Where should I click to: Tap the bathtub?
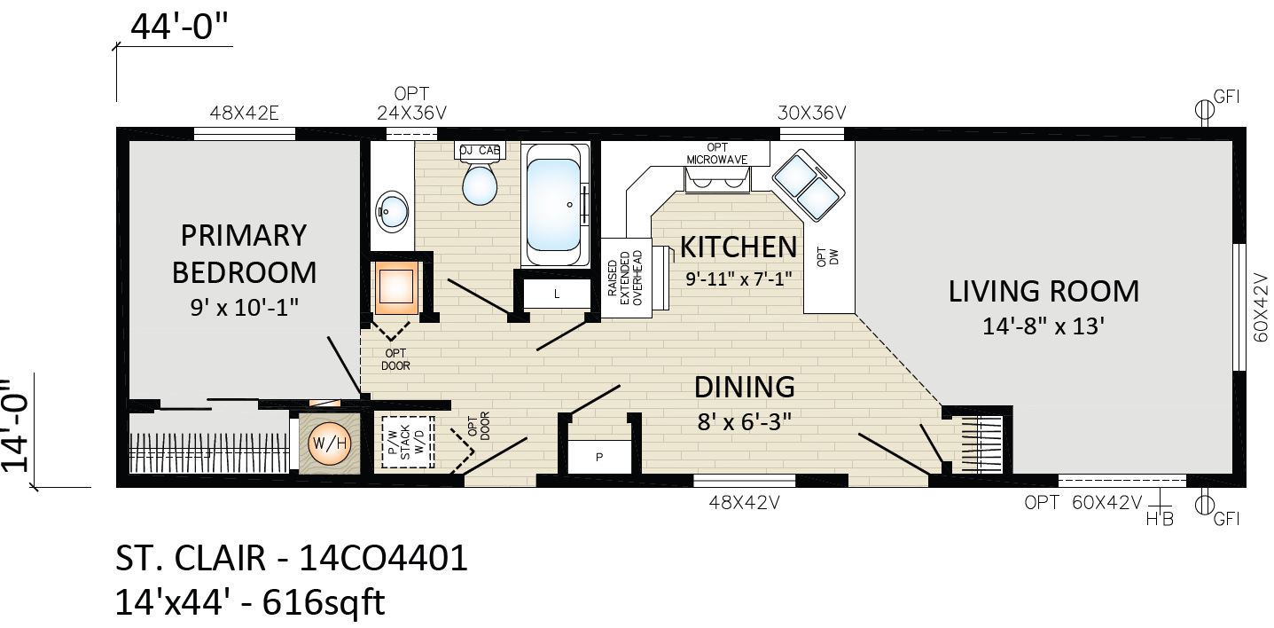coord(554,204)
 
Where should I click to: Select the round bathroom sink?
coord(393,211)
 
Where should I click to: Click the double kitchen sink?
coord(809,184)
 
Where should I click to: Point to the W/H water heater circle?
coord(329,444)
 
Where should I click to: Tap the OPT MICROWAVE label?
coord(716,153)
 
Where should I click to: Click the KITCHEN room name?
coord(739,247)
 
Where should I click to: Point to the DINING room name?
coord(744,387)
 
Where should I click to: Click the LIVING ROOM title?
coord(1043,291)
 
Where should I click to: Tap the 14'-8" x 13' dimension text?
coord(1043,326)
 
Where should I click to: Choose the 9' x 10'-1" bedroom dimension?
coord(244,307)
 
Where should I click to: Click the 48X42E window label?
coord(244,114)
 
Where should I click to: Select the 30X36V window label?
coord(811,114)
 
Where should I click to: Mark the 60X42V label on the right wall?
coord(1261,308)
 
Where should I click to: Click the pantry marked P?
coord(599,457)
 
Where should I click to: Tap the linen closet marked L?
coord(557,294)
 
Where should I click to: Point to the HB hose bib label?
coord(1160,519)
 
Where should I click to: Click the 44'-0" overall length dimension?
coord(179,27)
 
